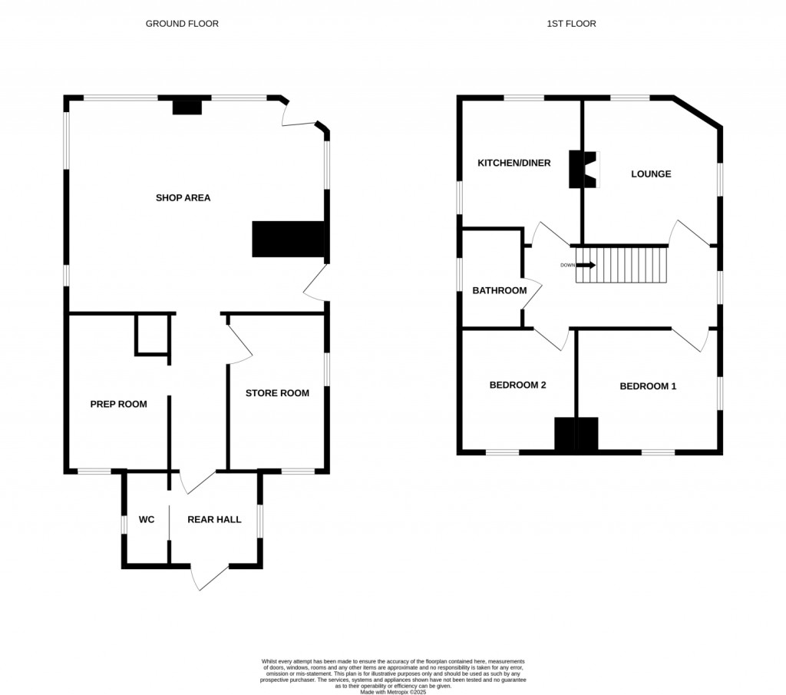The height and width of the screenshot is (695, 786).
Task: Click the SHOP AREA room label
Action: [183, 198]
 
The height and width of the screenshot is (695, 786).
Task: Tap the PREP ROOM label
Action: [118, 404]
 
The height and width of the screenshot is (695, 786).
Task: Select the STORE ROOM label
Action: [277, 393]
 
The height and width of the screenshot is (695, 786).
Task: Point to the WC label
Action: [147, 520]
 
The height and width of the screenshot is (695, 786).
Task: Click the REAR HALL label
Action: [214, 520]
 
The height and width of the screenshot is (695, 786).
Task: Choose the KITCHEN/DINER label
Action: [514, 163]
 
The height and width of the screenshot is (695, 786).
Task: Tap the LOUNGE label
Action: [651, 174]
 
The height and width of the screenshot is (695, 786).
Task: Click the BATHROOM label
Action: [499, 290]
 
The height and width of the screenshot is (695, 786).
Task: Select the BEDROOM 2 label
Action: [517, 386]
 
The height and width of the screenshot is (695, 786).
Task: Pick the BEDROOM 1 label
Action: [648, 386]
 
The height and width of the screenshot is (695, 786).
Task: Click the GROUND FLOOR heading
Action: [182, 24]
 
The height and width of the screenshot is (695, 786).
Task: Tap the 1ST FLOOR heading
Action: [571, 24]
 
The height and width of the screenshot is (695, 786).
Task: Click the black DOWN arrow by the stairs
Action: [586, 265]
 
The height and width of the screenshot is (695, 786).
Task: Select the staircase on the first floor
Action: [623, 264]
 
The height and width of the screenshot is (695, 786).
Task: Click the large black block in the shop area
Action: [289, 239]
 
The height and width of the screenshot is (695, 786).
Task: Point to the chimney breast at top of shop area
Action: [187, 107]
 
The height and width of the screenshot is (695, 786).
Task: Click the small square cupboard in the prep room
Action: [152, 334]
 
